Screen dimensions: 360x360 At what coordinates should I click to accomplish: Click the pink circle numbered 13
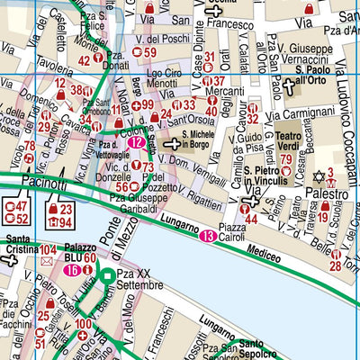207,236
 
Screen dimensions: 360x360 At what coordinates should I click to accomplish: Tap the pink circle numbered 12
136,141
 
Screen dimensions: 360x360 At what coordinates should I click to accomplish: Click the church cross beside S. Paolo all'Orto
289,86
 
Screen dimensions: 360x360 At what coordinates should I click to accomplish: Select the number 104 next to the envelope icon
49,249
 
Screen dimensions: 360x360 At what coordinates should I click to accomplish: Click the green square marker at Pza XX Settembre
105,275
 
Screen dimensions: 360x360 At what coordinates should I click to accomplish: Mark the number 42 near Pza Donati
85,61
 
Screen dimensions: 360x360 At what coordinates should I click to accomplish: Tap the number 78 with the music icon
29,146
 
